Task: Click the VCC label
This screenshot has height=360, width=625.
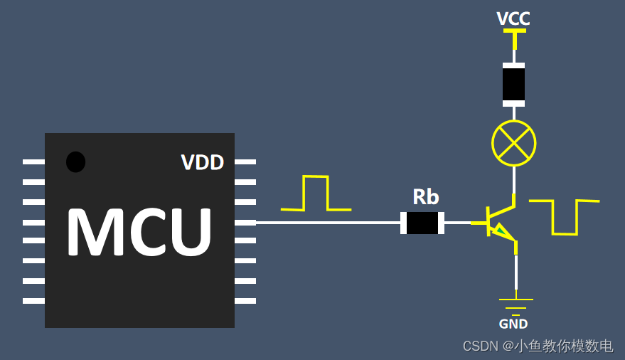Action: pos(513,18)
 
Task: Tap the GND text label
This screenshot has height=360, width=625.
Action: pos(513,324)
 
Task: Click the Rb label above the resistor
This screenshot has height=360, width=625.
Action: pos(426,197)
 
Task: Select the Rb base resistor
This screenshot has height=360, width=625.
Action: pos(422,223)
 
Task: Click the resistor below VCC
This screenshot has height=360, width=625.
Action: pos(513,85)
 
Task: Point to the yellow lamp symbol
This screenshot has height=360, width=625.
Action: pos(513,142)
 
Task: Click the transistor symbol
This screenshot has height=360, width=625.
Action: pos(501,222)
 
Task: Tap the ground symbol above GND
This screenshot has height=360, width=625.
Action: pos(516,305)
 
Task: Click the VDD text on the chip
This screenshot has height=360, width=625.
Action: pos(203,163)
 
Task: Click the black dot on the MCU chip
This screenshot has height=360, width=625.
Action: pos(75,162)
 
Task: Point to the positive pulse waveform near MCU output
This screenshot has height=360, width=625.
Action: pos(316,194)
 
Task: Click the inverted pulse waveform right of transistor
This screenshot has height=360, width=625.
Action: pos(565,217)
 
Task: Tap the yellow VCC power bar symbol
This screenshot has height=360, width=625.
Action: pos(514,31)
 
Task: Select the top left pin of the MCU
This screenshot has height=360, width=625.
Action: pos(33,162)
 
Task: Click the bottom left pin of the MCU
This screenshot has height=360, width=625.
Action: pos(33,301)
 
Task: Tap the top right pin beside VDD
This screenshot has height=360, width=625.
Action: pos(245,162)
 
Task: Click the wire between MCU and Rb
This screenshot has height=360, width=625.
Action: pos(327,223)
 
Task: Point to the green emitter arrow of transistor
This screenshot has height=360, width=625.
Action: pos(504,231)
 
